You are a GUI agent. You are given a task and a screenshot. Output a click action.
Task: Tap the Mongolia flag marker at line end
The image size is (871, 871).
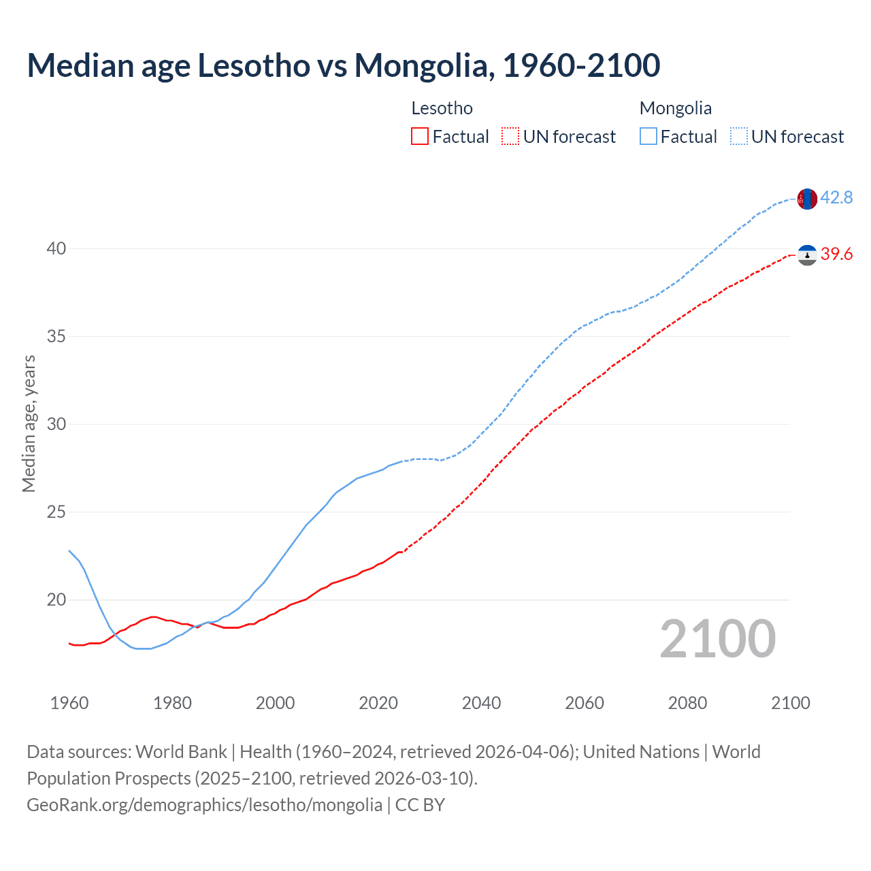[x=806, y=199]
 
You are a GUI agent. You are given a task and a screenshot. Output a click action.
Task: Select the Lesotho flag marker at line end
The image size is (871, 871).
[x=807, y=255]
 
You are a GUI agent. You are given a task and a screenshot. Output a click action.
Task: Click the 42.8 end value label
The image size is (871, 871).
[x=836, y=198]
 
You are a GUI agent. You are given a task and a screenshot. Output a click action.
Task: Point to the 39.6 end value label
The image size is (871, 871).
[x=836, y=254]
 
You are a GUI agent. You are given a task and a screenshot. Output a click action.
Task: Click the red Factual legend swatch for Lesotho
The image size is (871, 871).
[x=420, y=137]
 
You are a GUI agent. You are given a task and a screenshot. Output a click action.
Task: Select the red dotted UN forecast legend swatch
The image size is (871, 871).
[x=510, y=137]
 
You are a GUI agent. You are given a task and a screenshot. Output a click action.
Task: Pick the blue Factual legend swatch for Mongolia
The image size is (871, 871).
[x=648, y=137]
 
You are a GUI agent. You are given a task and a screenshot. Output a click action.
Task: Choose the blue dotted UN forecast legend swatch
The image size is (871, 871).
[x=738, y=137]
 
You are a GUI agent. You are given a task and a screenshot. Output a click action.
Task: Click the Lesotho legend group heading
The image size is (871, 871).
[x=442, y=108]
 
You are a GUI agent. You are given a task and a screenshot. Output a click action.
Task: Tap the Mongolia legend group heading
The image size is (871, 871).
[x=675, y=108]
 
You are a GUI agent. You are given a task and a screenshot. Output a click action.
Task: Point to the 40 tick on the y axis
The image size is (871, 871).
[x=56, y=249]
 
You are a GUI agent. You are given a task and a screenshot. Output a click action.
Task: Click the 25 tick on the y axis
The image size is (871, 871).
[x=56, y=512]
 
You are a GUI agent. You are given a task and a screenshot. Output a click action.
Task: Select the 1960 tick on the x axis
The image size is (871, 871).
[x=69, y=703]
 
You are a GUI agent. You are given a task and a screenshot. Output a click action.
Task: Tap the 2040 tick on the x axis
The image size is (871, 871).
[x=481, y=703]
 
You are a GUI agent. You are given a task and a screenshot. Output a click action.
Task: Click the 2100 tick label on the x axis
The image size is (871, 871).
[x=790, y=703]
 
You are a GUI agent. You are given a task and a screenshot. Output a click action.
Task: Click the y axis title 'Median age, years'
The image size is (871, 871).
[x=29, y=423]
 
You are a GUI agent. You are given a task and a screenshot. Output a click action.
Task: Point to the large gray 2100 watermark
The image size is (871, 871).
[x=717, y=639]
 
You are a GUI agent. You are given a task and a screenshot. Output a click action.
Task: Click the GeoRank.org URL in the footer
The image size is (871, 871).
[x=204, y=805]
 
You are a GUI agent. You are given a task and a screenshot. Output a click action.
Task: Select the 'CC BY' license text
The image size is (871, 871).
[x=420, y=805]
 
